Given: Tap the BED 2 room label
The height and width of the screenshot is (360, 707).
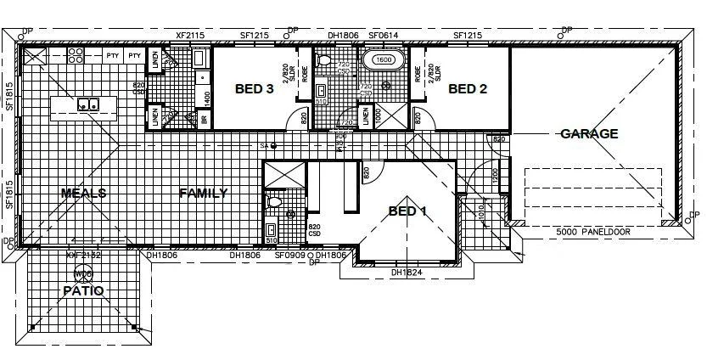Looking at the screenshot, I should coord(467,88).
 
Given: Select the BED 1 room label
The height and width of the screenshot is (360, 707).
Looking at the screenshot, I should coord(407,211).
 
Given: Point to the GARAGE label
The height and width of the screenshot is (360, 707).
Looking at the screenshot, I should coord(589,133).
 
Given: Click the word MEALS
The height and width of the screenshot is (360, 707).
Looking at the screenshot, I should coord(83,193).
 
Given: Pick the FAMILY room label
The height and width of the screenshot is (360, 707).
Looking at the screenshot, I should coord(203,193).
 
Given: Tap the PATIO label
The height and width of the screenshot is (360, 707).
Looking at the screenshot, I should coord(83,290).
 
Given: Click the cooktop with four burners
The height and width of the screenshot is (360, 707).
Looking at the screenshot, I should coord(76,56).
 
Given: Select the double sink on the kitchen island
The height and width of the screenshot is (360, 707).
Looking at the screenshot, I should coord(87,104).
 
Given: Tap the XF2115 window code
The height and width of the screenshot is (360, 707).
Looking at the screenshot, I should coord(190,36).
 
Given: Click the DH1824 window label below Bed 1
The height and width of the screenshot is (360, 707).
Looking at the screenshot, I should coord(407,273).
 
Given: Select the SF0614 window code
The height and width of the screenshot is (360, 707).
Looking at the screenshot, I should coord(384,36).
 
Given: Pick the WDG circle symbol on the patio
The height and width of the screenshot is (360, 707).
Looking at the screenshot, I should coord(83,274).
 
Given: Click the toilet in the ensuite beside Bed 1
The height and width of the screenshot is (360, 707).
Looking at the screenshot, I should coord(272,202).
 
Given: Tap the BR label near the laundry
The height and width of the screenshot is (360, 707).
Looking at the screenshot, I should coord(205,120).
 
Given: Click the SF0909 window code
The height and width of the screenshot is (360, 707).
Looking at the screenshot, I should coord(290,255).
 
